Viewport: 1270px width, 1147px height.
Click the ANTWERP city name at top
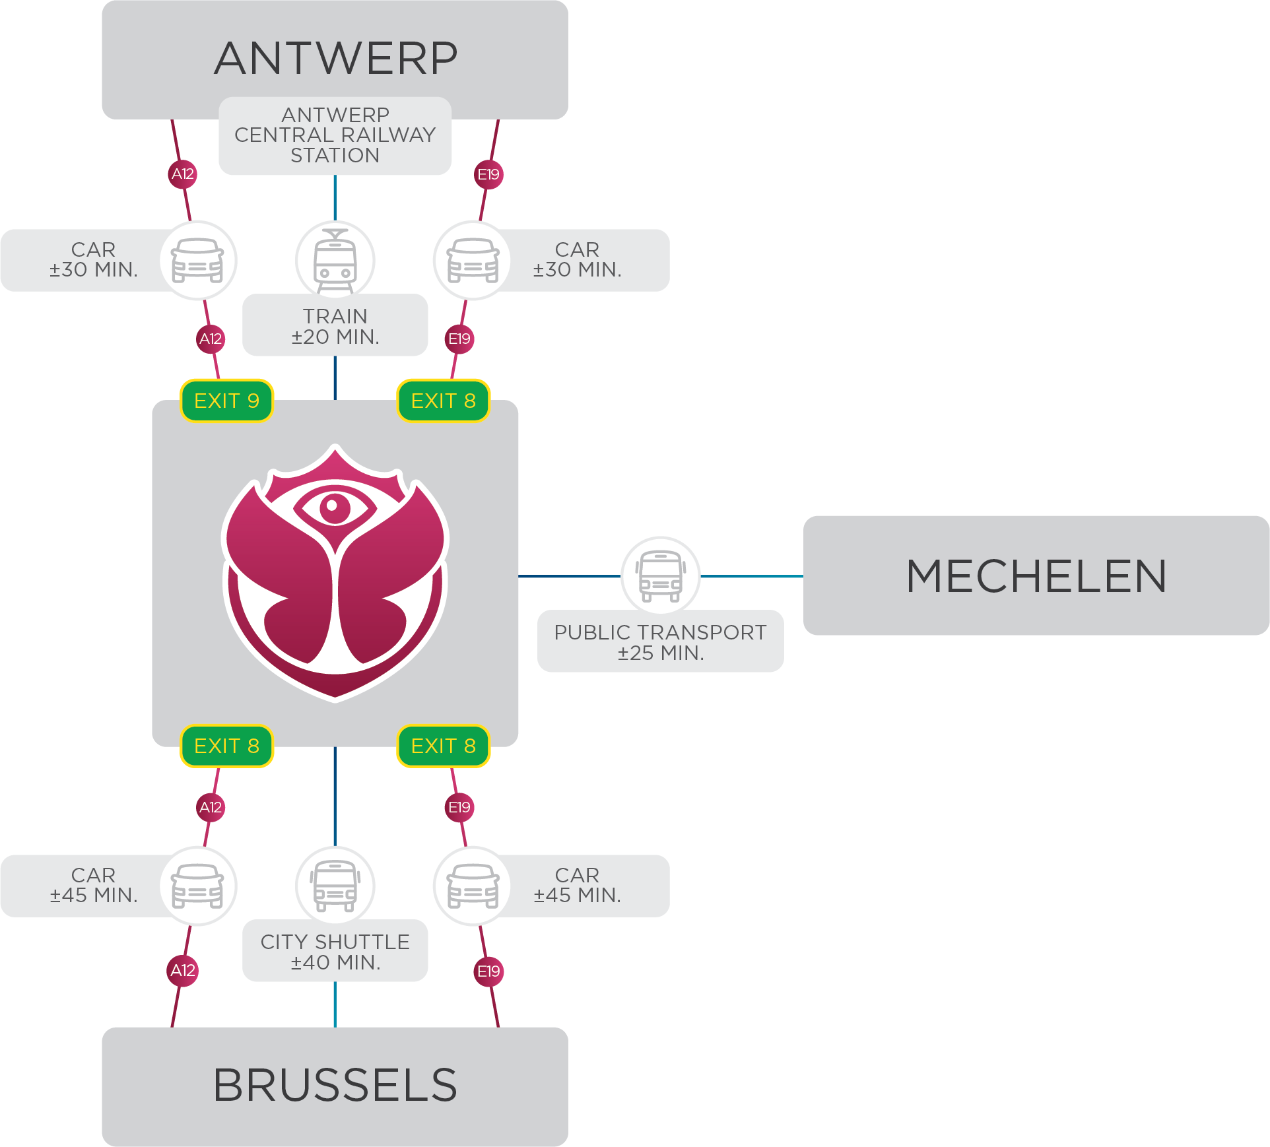(x=335, y=58)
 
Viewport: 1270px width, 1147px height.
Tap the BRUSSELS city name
(x=335, y=1085)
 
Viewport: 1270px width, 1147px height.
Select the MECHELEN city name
(x=1036, y=575)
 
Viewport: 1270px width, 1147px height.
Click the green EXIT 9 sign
(x=226, y=401)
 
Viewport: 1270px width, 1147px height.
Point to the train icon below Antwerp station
(x=335, y=261)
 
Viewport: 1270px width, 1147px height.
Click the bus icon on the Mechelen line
(x=661, y=576)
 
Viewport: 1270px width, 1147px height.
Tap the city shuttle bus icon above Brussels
(x=335, y=886)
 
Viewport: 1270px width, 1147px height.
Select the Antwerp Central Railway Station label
(x=335, y=135)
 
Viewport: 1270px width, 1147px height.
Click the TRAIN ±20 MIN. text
(x=335, y=326)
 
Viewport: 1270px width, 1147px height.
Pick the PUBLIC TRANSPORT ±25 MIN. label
(x=660, y=642)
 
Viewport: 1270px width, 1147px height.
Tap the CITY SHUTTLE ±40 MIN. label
(x=335, y=952)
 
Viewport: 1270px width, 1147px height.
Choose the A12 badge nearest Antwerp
(x=183, y=174)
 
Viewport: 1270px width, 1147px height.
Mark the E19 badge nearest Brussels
(x=488, y=971)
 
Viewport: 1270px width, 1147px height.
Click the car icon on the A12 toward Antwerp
(x=197, y=261)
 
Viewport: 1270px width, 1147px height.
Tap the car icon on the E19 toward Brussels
(x=473, y=886)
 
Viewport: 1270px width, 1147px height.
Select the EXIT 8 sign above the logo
(x=444, y=401)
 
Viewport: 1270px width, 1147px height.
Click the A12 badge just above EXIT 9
(x=211, y=339)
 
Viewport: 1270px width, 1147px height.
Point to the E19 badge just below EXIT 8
(x=459, y=807)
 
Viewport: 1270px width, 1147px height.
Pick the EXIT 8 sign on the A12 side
(x=226, y=746)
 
